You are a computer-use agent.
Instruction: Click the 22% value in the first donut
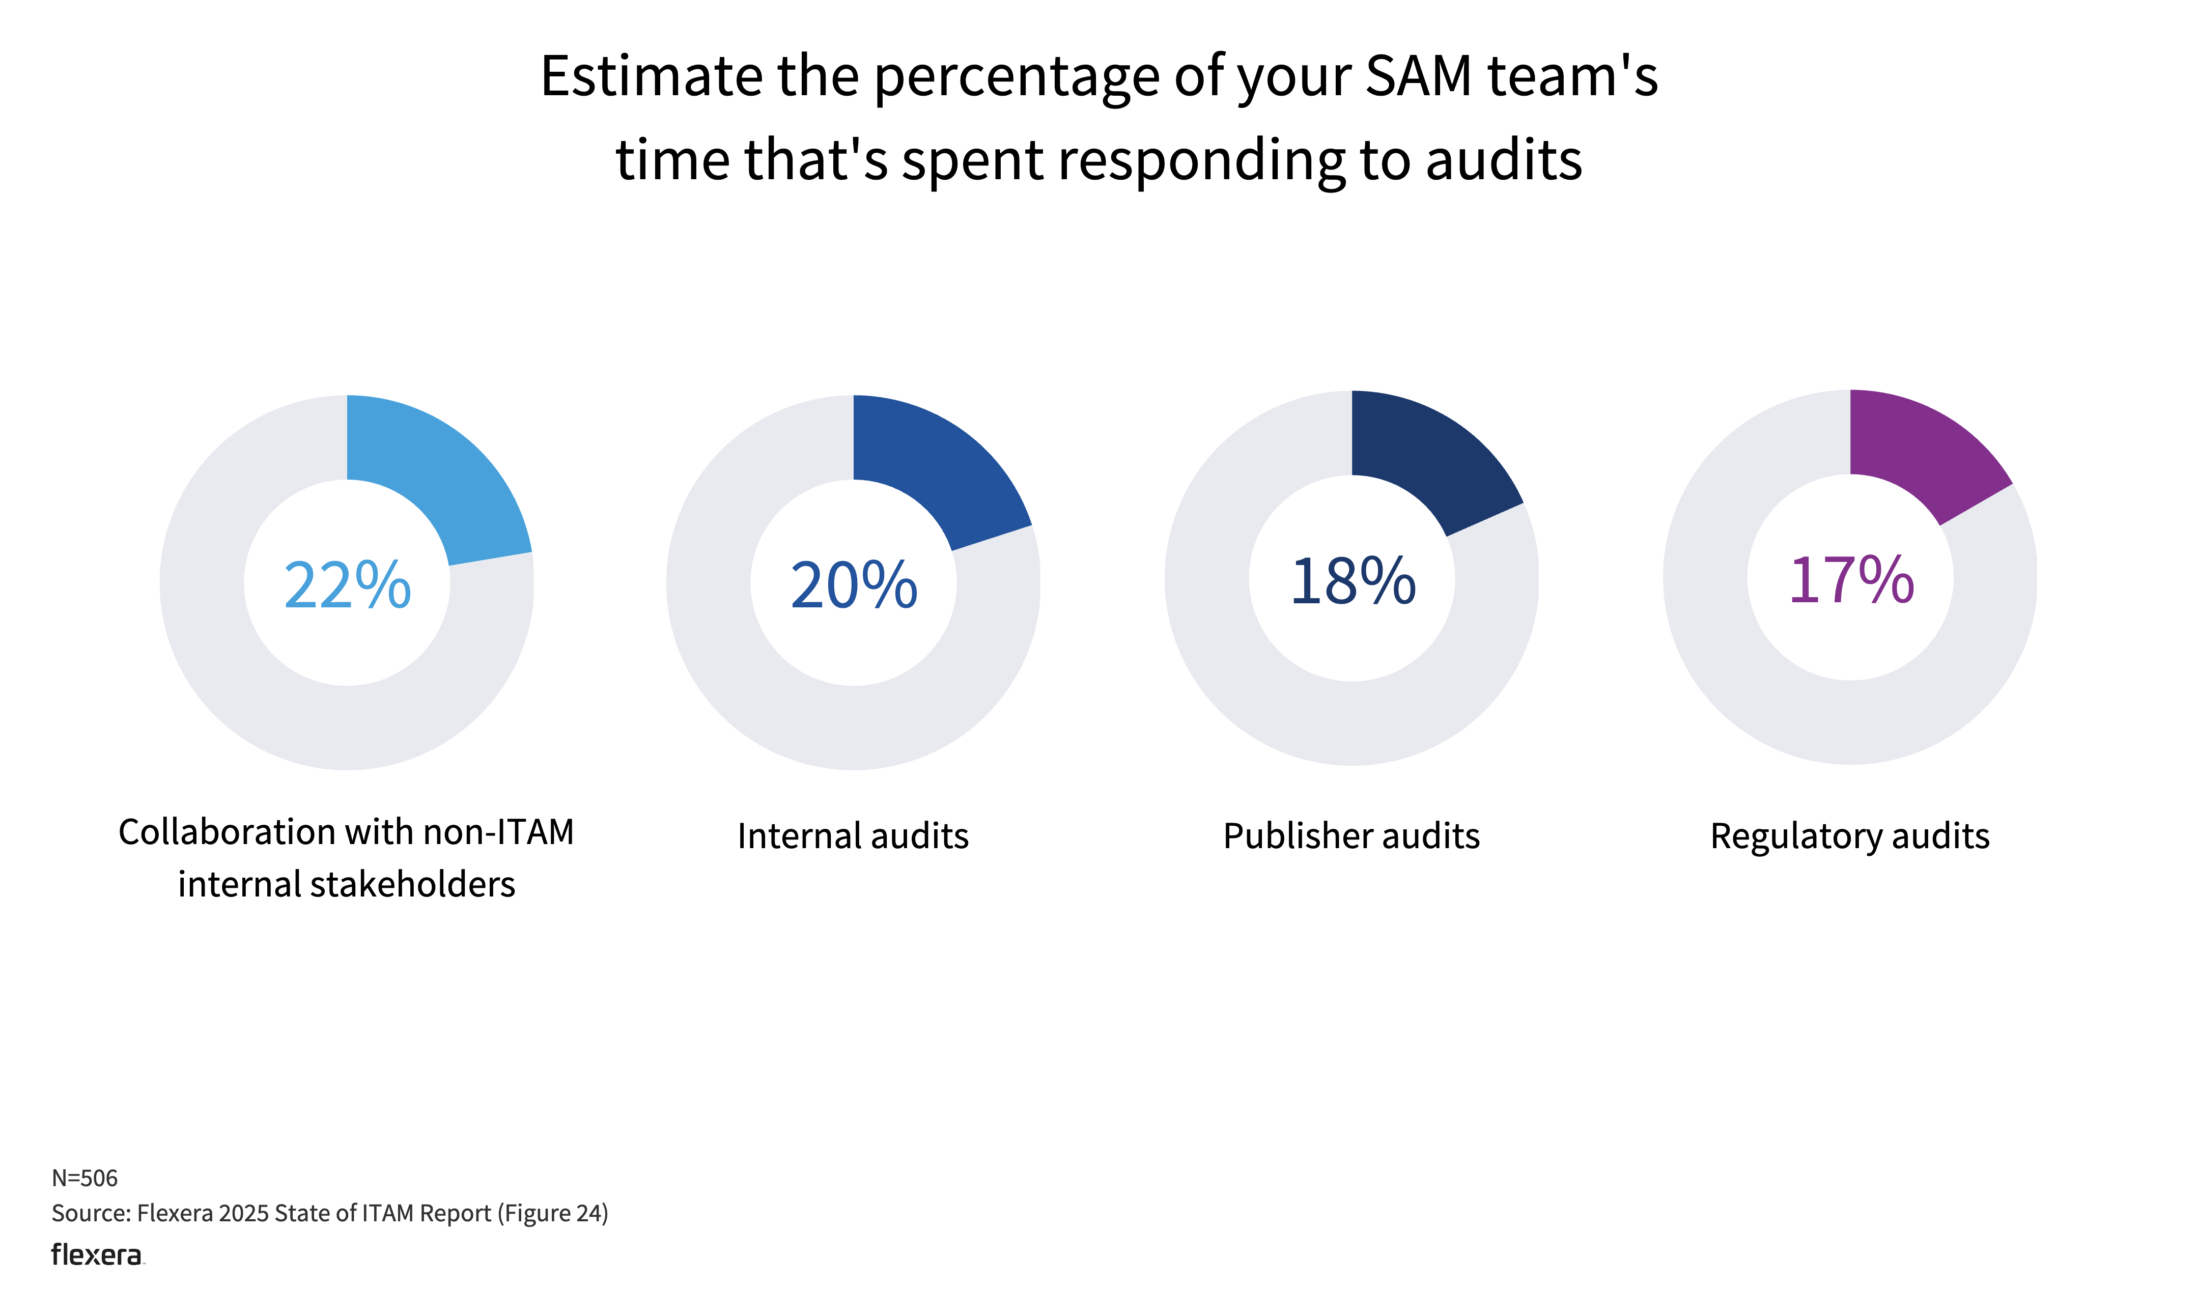click(x=348, y=585)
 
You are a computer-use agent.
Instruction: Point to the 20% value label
click(x=854, y=585)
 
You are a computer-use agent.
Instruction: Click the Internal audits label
click(x=853, y=836)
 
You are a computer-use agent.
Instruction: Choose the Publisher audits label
click(x=1351, y=836)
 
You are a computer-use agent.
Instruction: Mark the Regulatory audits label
click(x=1849, y=836)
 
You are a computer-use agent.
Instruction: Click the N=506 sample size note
click(x=84, y=1178)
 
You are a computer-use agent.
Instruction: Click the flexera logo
click(x=97, y=1255)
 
